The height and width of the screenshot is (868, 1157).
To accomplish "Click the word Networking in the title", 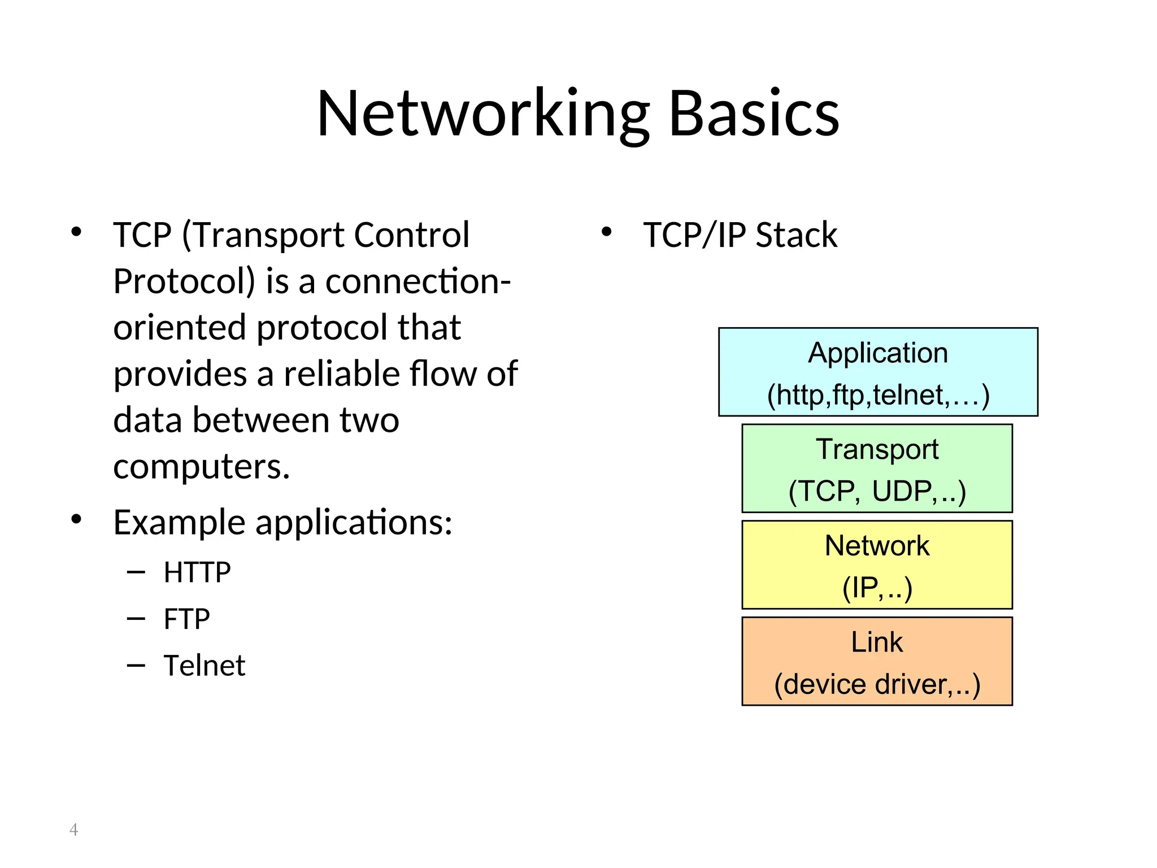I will [x=483, y=114].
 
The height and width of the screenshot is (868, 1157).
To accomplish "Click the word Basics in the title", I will [x=754, y=114].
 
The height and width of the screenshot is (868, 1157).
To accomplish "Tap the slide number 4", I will [x=73, y=830].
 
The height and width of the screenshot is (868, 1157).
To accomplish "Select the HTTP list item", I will [x=197, y=572].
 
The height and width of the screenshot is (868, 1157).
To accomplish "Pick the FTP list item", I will [x=187, y=619].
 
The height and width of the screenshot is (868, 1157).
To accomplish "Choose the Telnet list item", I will [x=205, y=666].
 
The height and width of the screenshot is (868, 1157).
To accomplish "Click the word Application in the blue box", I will [x=878, y=354].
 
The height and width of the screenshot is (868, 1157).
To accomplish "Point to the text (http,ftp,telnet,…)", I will [x=878, y=395].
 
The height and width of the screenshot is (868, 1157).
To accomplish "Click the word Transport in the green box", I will [x=877, y=450].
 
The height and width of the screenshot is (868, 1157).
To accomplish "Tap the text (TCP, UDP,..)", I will [x=877, y=491].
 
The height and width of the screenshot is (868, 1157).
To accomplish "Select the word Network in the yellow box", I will [x=877, y=546].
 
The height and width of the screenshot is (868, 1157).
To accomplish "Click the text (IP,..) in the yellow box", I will [x=877, y=588].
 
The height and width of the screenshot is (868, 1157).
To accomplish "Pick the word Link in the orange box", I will [x=877, y=643].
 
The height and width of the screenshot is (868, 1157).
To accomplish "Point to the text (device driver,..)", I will [x=877, y=684].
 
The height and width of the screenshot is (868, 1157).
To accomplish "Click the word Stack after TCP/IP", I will [x=796, y=235].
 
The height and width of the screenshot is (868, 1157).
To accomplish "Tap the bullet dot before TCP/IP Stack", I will [x=606, y=232].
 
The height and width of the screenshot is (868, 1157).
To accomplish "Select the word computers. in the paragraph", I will [x=202, y=467].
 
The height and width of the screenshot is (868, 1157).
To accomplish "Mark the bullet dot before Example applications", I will [x=76, y=519].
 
